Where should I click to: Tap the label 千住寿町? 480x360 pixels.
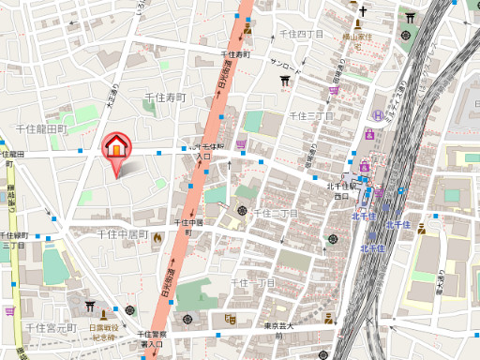[165, 97]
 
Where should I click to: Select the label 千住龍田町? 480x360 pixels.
[42, 128]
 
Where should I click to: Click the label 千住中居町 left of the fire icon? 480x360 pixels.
[123, 234]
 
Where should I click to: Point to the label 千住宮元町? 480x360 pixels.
[51, 328]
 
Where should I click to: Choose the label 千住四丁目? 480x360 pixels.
[300, 34]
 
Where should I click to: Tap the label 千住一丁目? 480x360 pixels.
[253, 282]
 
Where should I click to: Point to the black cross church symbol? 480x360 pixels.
[359, 12]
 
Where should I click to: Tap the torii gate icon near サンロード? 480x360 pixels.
[285, 81]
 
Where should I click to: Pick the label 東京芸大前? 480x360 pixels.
[279, 331]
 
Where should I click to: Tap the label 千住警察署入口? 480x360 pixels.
[152, 339]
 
